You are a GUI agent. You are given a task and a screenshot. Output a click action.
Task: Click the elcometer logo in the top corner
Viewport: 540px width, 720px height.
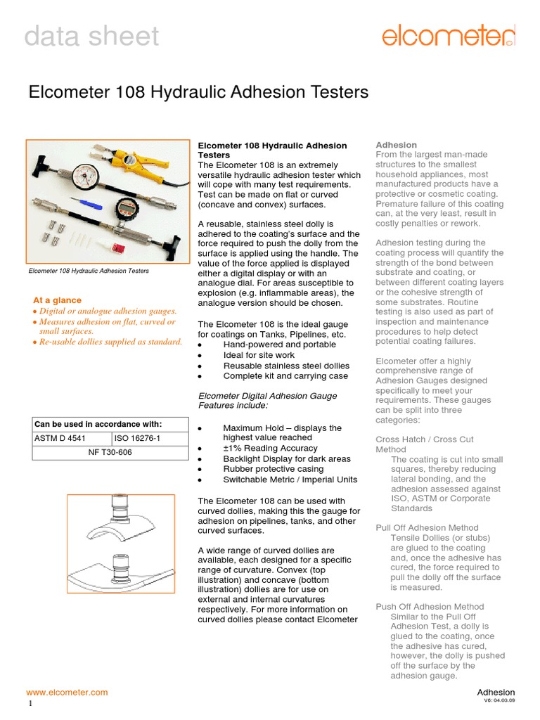click(449, 34)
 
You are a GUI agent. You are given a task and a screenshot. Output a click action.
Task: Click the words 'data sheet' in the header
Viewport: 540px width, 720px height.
click(91, 36)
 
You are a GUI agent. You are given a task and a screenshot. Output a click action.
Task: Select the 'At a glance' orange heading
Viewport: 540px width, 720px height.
click(58, 300)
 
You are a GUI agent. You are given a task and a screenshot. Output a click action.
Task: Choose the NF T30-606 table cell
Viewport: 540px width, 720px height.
click(110, 452)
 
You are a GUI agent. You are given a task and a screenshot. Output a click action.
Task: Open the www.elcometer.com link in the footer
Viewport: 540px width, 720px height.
click(67, 692)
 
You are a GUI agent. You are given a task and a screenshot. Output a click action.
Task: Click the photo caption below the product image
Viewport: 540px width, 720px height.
click(89, 271)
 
